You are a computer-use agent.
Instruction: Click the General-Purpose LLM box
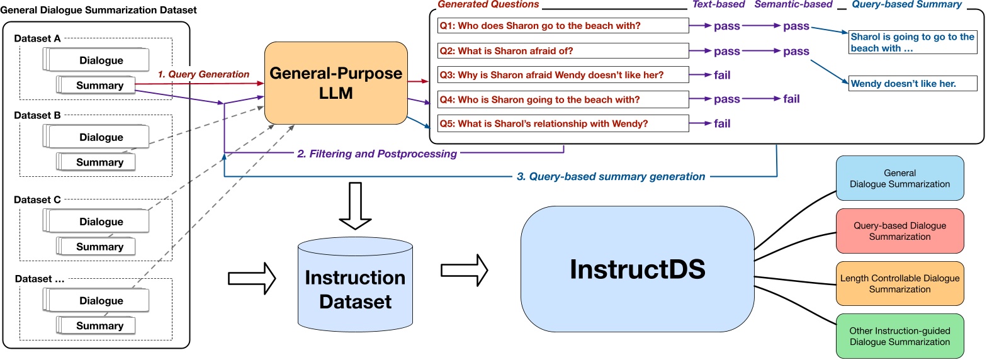[x=336, y=82]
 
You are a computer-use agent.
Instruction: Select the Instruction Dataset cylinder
[x=355, y=289]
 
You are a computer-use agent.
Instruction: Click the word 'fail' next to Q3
[x=722, y=76]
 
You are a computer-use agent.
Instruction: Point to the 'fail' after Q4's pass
[x=791, y=99]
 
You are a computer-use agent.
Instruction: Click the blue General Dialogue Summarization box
[x=900, y=178]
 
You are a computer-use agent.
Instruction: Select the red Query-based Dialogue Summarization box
[x=900, y=231]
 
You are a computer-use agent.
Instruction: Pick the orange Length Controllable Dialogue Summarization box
[x=900, y=283]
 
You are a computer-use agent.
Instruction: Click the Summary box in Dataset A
[x=99, y=85]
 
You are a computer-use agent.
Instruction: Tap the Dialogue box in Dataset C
[x=101, y=222]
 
